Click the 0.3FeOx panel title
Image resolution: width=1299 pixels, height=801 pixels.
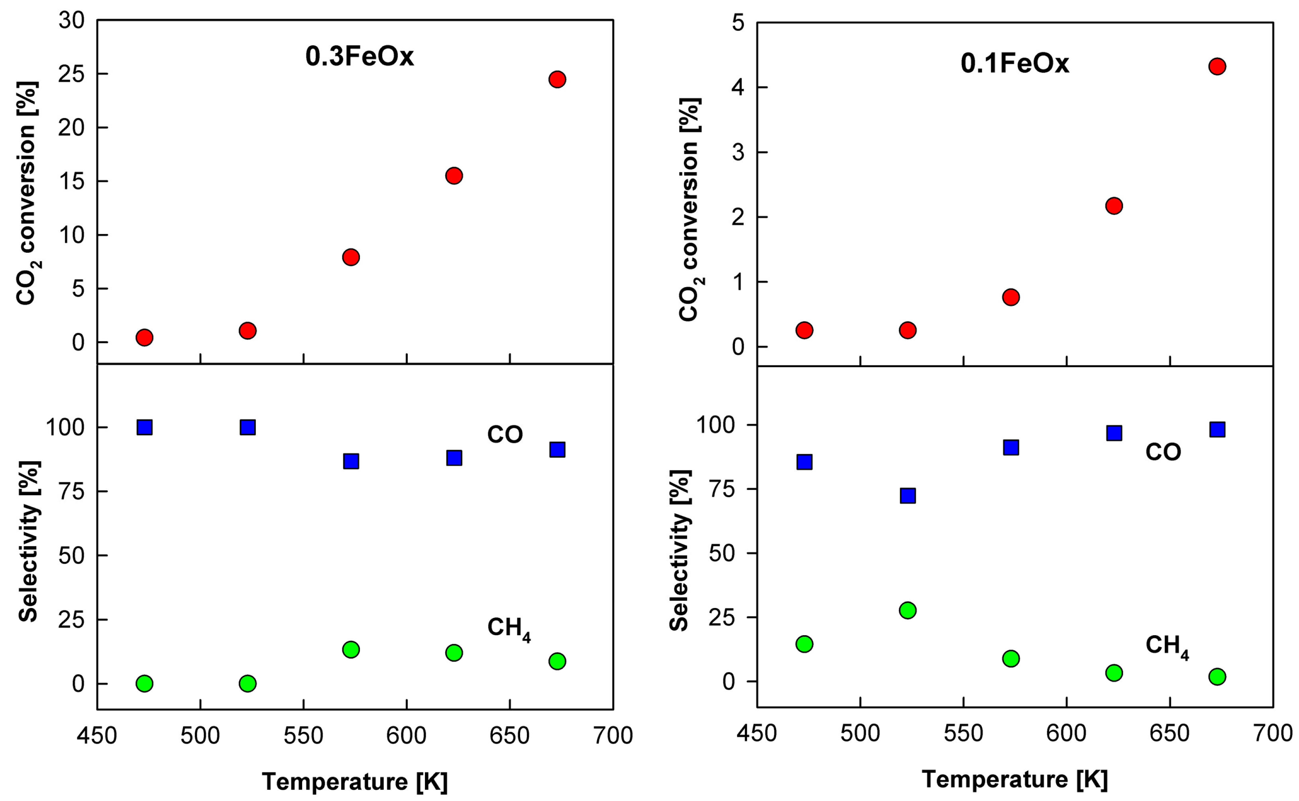click(360, 56)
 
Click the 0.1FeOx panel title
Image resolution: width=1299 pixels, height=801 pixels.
click(1015, 63)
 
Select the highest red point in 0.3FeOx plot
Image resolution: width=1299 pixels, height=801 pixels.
click(557, 79)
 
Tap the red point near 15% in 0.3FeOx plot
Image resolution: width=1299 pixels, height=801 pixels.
click(454, 175)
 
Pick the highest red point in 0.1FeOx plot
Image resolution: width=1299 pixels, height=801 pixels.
click(1217, 67)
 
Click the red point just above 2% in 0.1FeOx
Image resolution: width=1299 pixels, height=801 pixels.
click(1114, 206)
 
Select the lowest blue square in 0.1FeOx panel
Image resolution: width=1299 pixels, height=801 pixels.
click(908, 496)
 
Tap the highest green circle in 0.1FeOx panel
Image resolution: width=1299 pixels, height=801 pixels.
click(908, 610)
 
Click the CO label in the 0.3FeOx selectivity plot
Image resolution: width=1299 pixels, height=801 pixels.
click(505, 435)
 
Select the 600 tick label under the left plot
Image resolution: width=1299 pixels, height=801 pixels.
click(406, 736)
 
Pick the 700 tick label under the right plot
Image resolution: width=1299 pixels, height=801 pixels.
click(1273, 734)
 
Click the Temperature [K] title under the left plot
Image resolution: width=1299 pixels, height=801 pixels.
click(355, 781)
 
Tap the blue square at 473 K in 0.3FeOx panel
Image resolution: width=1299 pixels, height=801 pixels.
click(145, 427)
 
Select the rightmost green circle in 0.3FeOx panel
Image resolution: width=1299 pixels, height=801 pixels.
click(557, 661)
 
